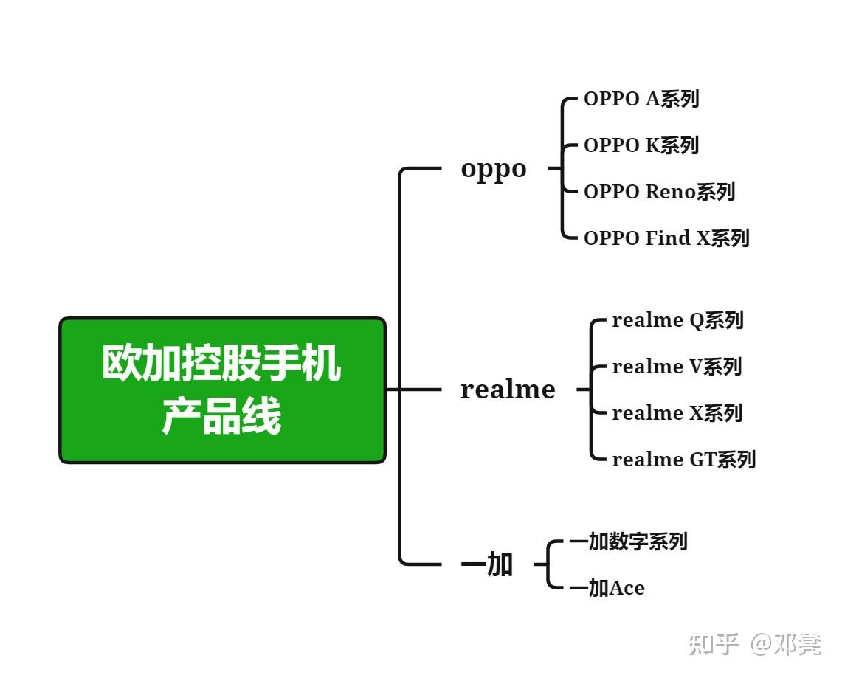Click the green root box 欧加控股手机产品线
[222, 390]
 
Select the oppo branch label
[494, 168]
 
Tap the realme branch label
[508, 390]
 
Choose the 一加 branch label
[487, 565]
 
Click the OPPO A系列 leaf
[641, 99]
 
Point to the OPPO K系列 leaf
[641, 145]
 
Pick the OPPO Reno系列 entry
[659, 192]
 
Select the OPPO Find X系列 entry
[666, 238]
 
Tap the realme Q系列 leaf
[677, 320]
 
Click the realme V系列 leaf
[677, 367]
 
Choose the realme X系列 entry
[677, 413]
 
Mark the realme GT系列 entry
[683, 460]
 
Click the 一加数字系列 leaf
[628, 542]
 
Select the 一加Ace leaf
[607, 588]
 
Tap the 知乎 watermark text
[714, 644]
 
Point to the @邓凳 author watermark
[787, 644]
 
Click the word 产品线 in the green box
[222, 418]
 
